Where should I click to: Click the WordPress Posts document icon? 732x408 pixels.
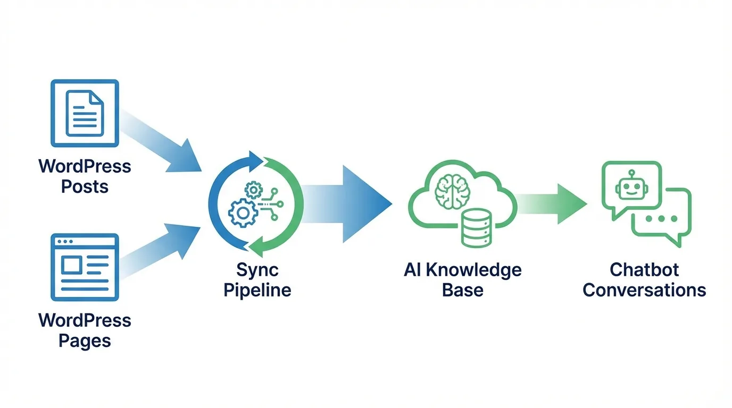[85, 113]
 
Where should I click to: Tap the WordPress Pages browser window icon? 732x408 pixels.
[85, 267]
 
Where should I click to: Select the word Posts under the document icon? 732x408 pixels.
[85, 187]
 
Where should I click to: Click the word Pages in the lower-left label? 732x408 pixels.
[85, 341]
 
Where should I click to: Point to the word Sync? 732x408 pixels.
[257, 270]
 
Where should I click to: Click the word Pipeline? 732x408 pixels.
[257, 290]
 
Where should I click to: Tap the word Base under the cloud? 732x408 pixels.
[462, 290]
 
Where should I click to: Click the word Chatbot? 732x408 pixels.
[644, 270]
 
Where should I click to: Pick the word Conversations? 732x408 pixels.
[644, 290]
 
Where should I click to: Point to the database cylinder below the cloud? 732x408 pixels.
[476, 227]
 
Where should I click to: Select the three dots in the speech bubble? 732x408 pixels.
[660, 218]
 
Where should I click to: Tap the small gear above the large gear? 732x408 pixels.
[253, 189]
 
